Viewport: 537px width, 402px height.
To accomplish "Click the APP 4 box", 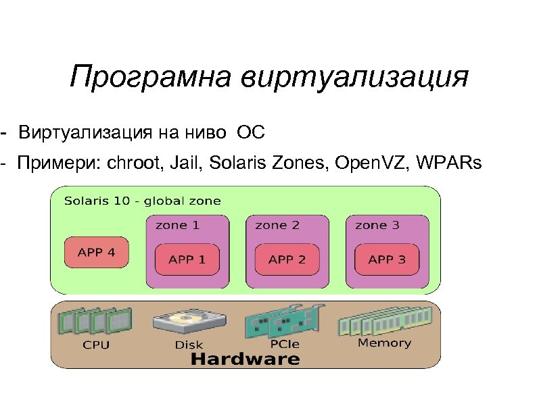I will click(97, 253).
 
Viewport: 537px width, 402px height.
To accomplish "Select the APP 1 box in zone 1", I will click(187, 259).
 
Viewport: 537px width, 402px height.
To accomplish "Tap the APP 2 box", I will click(287, 259).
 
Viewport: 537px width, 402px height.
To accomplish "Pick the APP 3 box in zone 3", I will click(387, 259).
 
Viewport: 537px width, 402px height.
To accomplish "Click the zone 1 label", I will click(177, 225).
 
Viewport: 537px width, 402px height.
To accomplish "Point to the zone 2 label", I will click(277, 225).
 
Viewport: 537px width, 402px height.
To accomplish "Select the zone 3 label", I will click(377, 225).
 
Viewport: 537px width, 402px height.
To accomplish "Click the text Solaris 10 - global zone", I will click(142, 201).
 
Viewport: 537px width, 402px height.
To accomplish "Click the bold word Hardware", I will click(245, 359).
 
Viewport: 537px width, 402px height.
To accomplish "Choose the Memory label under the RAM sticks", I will click(384, 343).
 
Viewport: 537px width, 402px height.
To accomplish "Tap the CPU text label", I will click(95, 345).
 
